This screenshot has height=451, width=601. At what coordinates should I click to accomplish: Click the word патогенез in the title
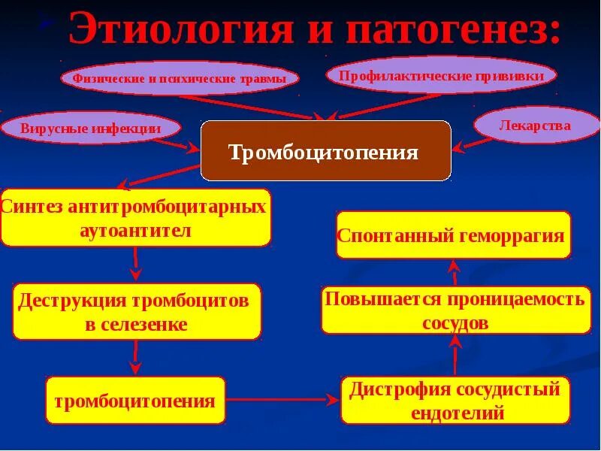(452, 30)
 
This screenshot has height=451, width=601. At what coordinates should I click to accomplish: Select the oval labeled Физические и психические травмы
(180, 78)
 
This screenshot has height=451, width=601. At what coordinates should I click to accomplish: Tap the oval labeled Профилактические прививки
(442, 75)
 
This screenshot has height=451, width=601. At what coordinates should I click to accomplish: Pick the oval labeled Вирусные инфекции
(91, 128)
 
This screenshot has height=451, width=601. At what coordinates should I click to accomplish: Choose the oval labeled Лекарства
(534, 126)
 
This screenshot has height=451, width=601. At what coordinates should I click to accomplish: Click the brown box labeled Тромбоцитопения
(325, 152)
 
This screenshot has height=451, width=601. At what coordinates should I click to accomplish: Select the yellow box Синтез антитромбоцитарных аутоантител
(135, 218)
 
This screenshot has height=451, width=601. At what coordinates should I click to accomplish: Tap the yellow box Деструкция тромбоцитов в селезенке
(136, 312)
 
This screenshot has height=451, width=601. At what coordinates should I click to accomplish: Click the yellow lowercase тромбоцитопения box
(135, 400)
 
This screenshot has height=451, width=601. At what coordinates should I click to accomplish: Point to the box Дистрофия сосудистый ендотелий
(455, 401)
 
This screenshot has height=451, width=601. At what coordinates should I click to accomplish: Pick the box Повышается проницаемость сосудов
(455, 310)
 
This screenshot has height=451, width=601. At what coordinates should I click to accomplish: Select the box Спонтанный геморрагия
(453, 235)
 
